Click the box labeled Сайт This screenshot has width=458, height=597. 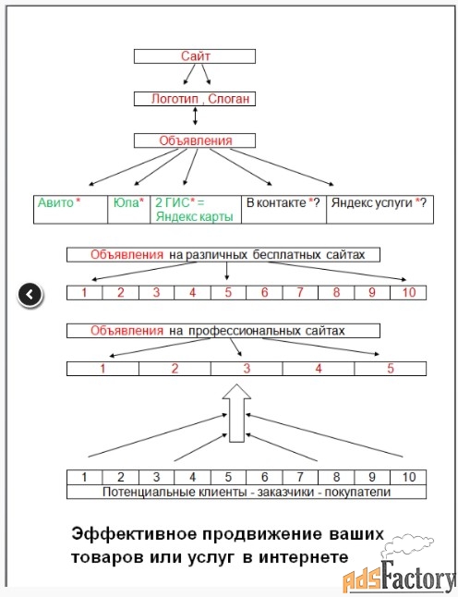click(x=195, y=56)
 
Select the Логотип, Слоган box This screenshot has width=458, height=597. click(x=195, y=99)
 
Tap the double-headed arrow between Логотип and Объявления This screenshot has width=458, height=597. click(x=195, y=116)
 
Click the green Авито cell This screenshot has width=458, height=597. click(x=71, y=210)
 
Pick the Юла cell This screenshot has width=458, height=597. click(x=129, y=210)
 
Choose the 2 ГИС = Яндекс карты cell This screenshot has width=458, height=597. click(x=196, y=210)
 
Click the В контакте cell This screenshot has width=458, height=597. click(x=283, y=210)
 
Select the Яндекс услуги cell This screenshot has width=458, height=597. click(x=380, y=210)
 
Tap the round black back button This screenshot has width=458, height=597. click(x=30, y=294)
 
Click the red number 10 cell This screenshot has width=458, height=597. click(x=408, y=292)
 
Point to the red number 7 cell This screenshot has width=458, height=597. click(x=300, y=292)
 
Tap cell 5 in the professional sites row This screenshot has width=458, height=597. click(x=391, y=369)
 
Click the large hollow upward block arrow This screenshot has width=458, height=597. click(x=236, y=413)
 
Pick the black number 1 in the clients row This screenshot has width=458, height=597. click(x=84, y=477)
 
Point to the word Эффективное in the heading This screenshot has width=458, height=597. click(x=134, y=534)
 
